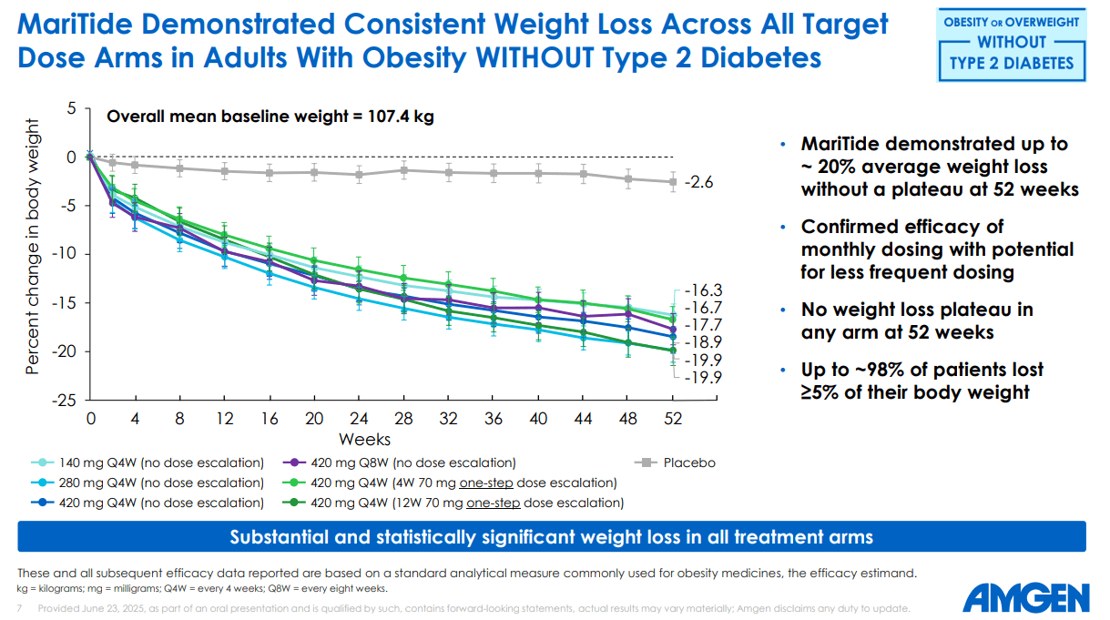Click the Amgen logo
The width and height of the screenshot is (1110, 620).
[1025, 598]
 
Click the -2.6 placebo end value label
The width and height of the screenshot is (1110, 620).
[698, 183]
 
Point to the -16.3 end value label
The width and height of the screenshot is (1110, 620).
[703, 290]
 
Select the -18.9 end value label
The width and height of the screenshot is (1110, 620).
[703, 342]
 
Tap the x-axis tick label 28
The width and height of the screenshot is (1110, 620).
[403, 418]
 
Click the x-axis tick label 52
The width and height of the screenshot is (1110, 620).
[672, 418]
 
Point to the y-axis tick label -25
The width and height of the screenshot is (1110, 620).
[68, 400]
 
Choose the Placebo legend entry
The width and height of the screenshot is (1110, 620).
[678, 462]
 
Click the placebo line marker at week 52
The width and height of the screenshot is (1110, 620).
[672, 181]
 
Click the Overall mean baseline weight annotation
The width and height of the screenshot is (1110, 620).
[270, 116]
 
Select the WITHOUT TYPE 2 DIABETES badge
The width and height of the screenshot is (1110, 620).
[1011, 43]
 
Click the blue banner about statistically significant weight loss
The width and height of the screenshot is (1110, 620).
[551, 537]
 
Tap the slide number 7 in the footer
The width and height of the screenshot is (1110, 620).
[20, 607]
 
